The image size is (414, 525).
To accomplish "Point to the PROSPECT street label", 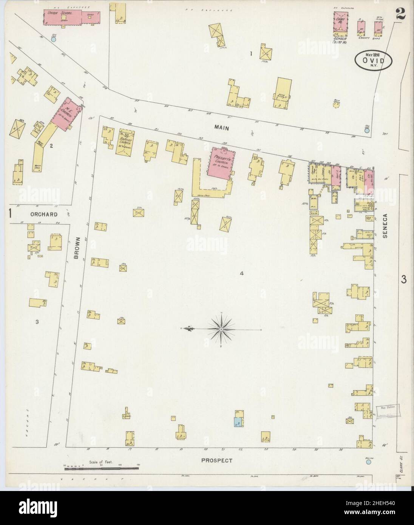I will tap(216, 460).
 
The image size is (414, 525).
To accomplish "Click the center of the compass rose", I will tap(221, 329).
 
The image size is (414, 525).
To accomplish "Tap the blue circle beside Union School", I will tap(54, 39).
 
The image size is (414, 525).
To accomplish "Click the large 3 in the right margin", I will tap(403, 279).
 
